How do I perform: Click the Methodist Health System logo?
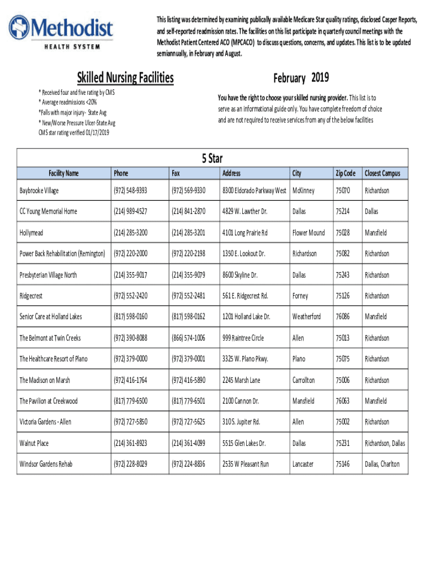click(60, 33)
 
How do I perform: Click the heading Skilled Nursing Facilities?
click(125, 78)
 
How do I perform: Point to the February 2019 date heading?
click(301, 78)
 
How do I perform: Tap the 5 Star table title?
click(212, 159)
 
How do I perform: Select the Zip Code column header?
click(346, 173)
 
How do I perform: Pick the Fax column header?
click(176, 173)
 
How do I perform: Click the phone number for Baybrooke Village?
click(130, 190)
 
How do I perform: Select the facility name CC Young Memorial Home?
click(49, 211)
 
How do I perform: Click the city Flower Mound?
click(309, 233)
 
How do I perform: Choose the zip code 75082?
click(343, 254)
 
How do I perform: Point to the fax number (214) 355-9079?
click(188, 275)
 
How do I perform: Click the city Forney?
click(300, 296)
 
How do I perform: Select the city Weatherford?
click(306, 317)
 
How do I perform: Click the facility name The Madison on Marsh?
click(45, 380)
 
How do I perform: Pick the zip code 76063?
click(343, 401)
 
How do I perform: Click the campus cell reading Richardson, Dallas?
click(385, 443)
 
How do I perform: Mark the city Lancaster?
click(303, 464)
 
